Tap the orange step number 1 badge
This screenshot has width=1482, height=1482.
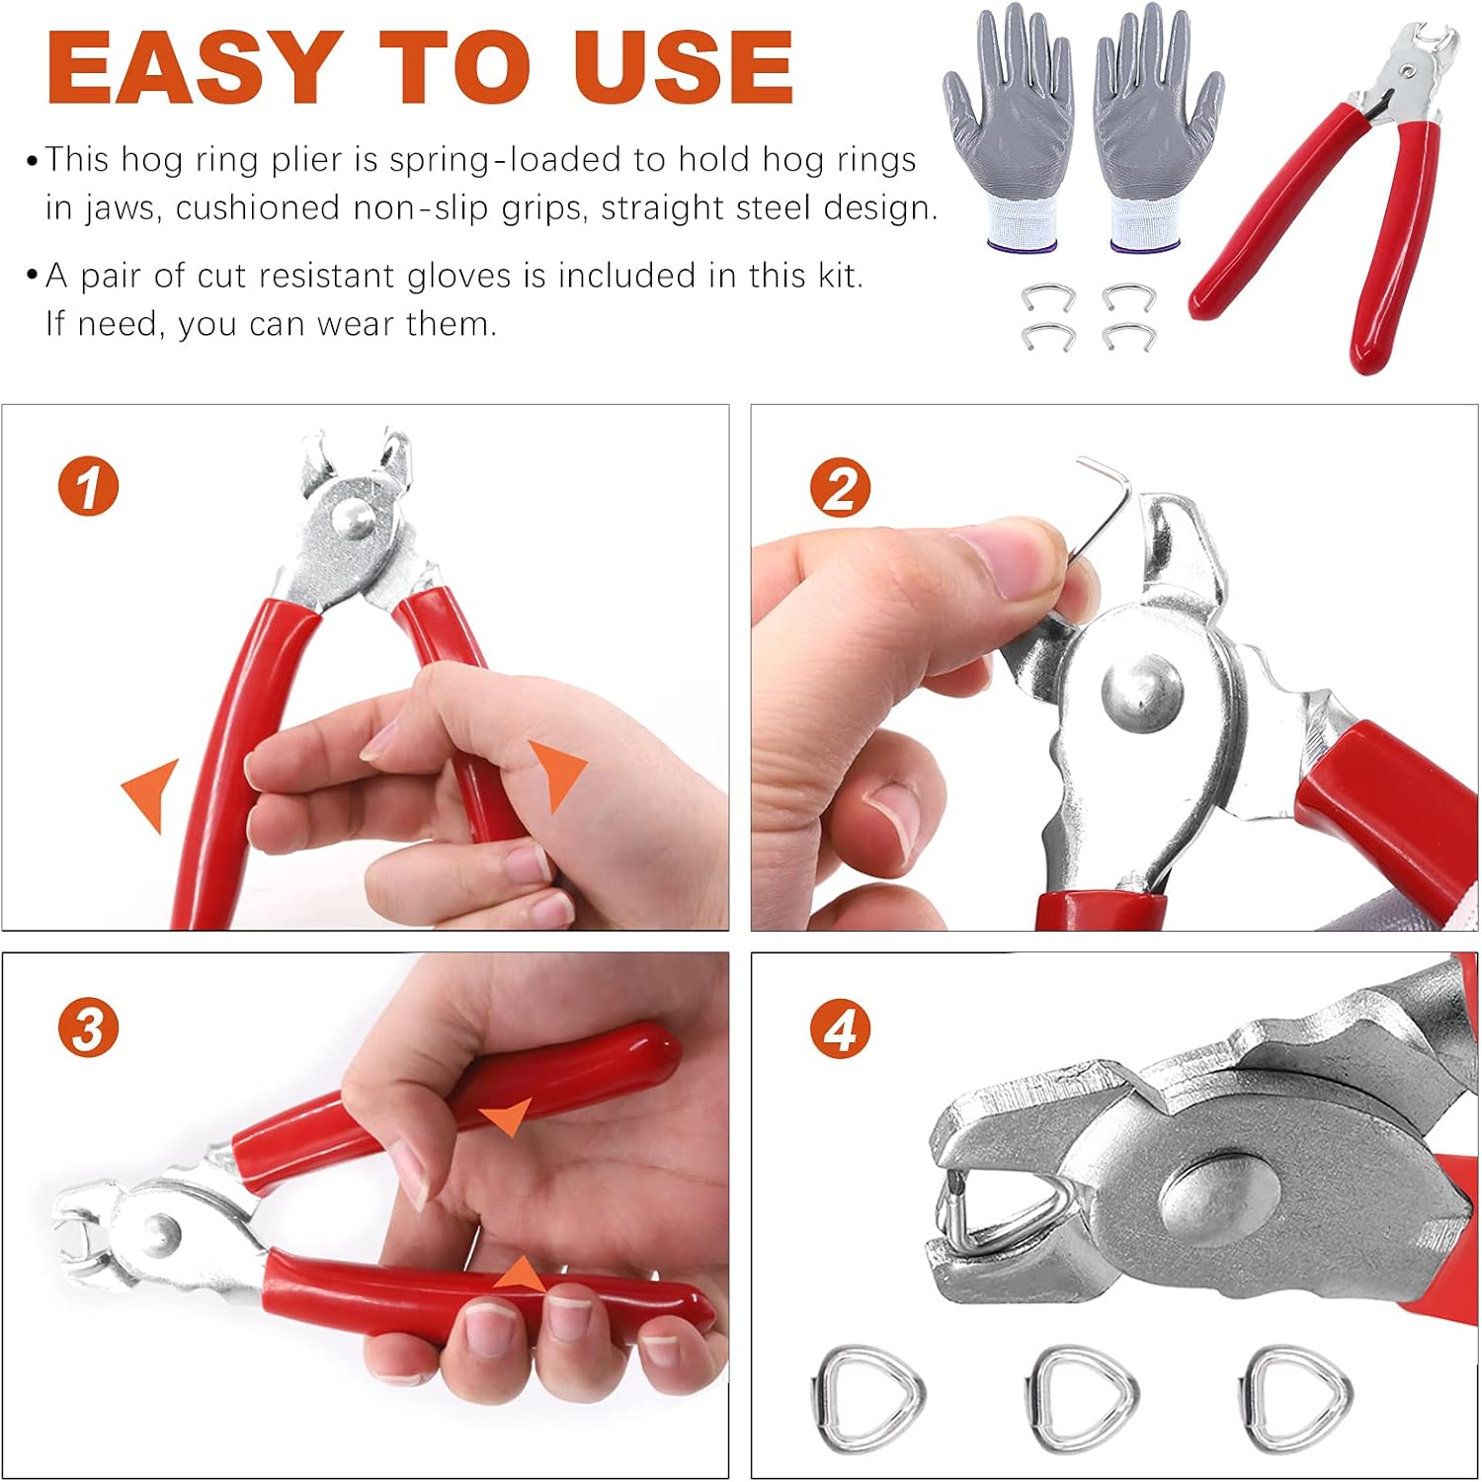coord(88,487)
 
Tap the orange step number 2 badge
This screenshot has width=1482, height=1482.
coord(839,488)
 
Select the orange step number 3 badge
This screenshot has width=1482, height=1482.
coord(88,1029)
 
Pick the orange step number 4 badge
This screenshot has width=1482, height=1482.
coord(840,1029)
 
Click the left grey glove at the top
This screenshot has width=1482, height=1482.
coord(1008,128)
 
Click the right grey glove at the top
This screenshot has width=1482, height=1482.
coord(1156,128)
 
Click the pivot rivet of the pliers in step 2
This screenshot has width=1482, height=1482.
coord(1141,686)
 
